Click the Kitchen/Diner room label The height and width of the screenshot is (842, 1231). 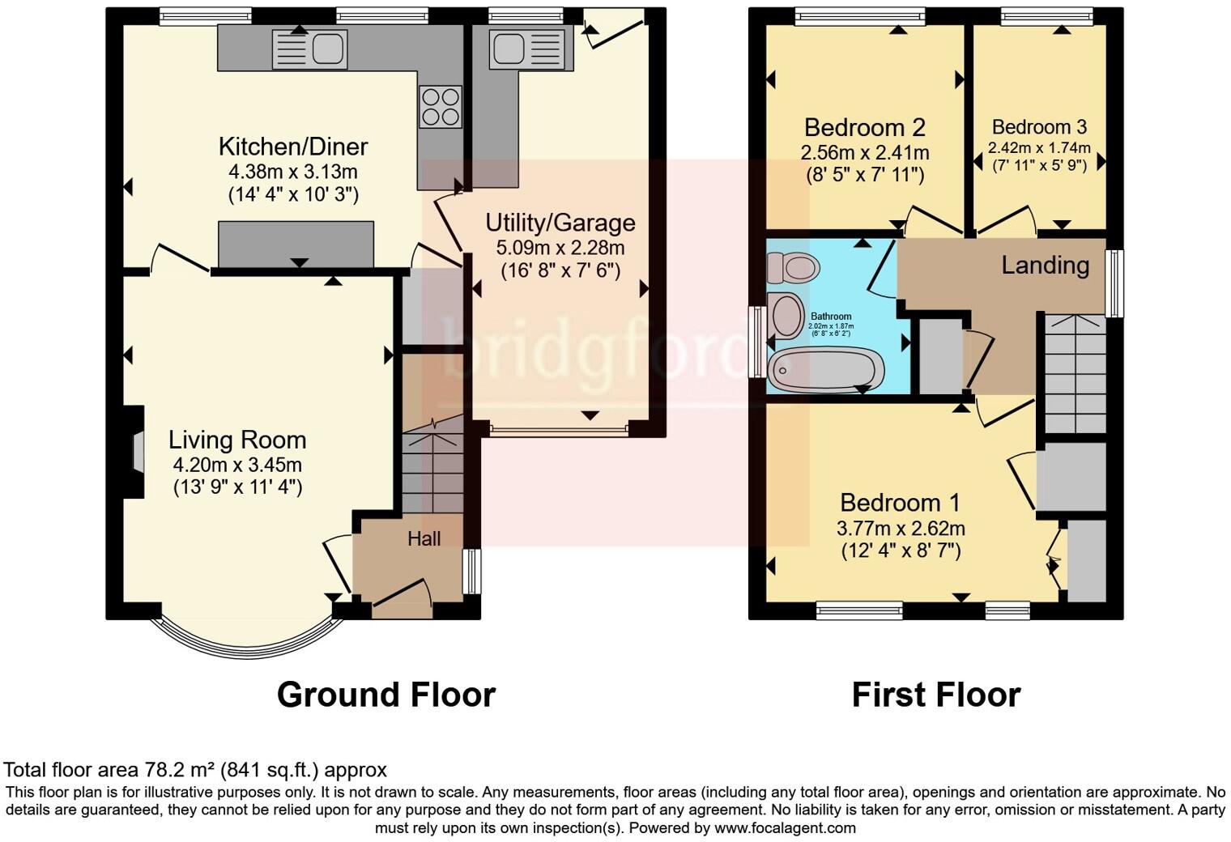pyautogui.click(x=293, y=147)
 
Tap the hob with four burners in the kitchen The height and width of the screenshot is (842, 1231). pyautogui.click(x=440, y=107)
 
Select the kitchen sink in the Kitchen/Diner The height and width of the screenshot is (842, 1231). pyautogui.click(x=310, y=49)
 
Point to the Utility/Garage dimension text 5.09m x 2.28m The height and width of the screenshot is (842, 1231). pyautogui.click(x=560, y=248)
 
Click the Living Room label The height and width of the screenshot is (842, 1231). pyautogui.click(x=237, y=440)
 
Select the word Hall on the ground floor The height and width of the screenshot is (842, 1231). pyautogui.click(x=424, y=538)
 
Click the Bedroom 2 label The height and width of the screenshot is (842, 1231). pyautogui.click(x=864, y=127)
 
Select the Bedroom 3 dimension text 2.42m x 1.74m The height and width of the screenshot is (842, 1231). pyautogui.click(x=1039, y=148)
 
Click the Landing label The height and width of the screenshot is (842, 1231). pyautogui.click(x=1045, y=265)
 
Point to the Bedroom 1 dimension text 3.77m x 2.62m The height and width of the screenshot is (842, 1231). pyautogui.click(x=900, y=529)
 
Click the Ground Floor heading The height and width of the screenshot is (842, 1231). pyautogui.click(x=385, y=695)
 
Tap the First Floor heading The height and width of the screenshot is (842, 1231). pyautogui.click(x=935, y=695)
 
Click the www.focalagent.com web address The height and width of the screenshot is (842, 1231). pyautogui.click(x=785, y=827)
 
